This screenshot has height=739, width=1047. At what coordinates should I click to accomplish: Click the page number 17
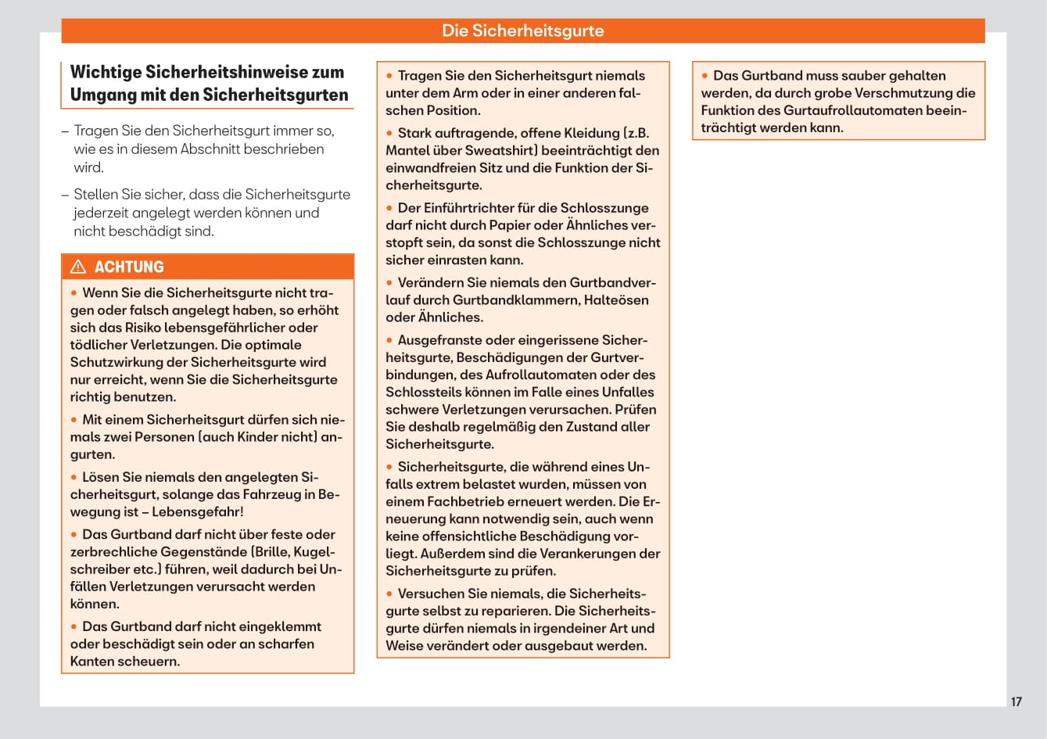[x=1016, y=701]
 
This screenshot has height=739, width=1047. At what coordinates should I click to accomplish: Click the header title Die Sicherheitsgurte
[x=522, y=30]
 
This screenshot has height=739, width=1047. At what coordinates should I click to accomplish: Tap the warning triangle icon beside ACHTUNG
[x=78, y=267]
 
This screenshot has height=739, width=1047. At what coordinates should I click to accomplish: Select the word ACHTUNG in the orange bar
[x=129, y=267]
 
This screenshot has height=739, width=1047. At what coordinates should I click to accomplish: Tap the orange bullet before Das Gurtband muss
[x=705, y=76]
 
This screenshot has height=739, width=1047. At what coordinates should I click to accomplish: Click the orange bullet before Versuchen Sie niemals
[x=389, y=594]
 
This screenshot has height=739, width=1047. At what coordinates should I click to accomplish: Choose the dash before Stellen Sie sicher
[x=65, y=195]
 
